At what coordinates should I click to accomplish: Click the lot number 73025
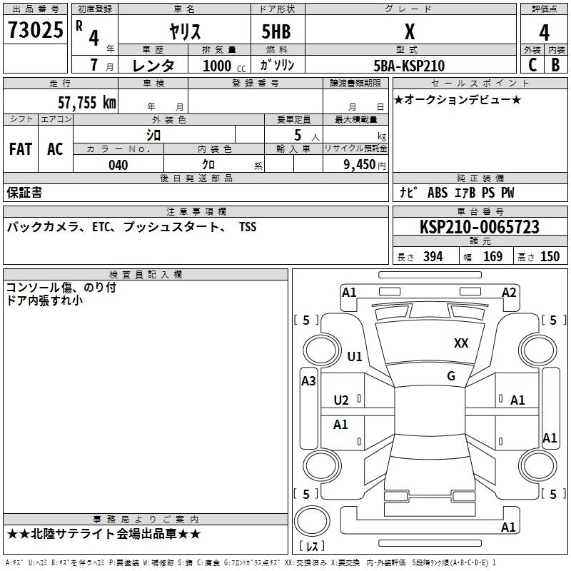(36, 31)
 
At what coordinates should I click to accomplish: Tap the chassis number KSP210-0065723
(479, 227)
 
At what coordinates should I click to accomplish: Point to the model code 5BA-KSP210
(409, 66)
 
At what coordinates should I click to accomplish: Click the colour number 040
(118, 165)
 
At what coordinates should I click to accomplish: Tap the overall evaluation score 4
(544, 32)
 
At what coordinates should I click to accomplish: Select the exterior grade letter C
(532, 65)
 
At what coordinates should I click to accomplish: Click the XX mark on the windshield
(461, 343)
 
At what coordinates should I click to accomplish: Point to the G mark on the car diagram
(451, 376)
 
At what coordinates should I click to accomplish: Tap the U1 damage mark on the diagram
(354, 356)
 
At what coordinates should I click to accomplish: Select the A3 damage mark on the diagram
(308, 381)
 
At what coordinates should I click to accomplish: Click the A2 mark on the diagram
(509, 292)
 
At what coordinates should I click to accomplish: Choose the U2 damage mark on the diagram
(341, 400)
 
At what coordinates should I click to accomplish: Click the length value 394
(432, 257)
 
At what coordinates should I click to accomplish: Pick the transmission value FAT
(21, 149)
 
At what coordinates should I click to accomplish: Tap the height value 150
(550, 257)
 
